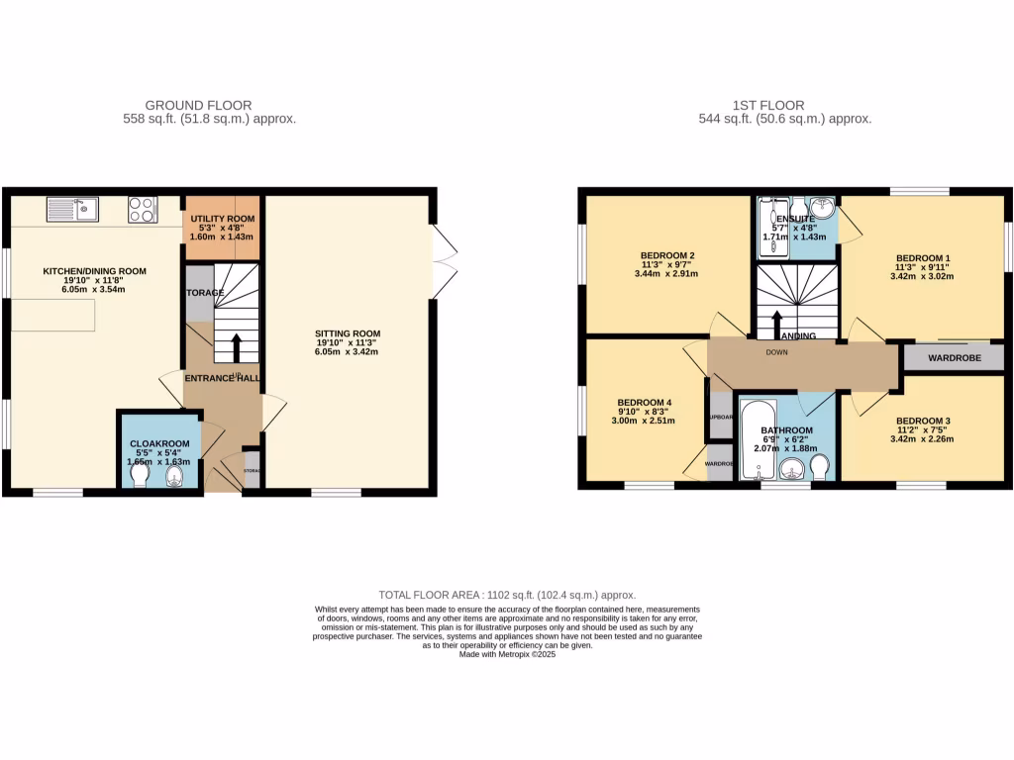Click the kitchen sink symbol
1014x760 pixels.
pos(72,210)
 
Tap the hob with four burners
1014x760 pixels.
pos(143,210)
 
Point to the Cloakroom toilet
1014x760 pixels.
pos(138,478)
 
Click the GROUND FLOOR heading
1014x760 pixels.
pos(198,105)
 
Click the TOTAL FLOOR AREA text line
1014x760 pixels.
pos(507,595)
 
